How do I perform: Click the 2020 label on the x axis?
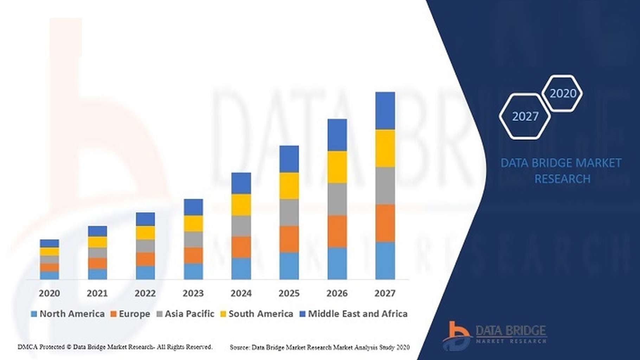pos(49,293)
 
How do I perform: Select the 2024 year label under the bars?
pos(241,293)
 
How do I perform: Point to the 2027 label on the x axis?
pos(385,293)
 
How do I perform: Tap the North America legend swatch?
pos(34,314)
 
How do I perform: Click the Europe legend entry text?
pos(134,314)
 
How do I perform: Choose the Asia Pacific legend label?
pos(189,314)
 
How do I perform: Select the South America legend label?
pos(261,314)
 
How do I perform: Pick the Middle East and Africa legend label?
pos(358,314)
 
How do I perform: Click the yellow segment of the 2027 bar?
pos(385,148)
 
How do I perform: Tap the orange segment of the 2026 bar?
pos(337,231)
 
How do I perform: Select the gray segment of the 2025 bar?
pos(289,212)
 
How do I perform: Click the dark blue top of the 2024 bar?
pos(241,183)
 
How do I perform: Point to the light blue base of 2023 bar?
pos(193,271)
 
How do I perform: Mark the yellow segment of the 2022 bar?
pos(145,233)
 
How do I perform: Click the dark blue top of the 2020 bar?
pos(50,243)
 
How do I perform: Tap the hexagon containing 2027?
pos(525,116)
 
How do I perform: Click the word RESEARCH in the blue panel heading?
pos(562,179)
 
